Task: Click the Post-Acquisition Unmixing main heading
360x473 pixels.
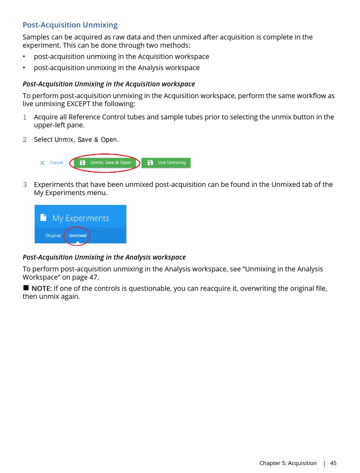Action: [x=70, y=25]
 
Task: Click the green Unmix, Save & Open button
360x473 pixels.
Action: [x=105, y=163]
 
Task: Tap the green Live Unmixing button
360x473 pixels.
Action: [x=166, y=163]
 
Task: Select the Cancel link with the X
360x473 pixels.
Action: [x=56, y=163]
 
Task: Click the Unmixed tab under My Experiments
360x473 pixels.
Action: [x=78, y=235]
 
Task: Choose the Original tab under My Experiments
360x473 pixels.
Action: [x=53, y=235]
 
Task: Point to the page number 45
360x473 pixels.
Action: [x=333, y=463]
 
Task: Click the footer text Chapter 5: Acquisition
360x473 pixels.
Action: [x=288, y=463]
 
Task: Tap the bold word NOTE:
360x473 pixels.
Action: [x=42, y=288]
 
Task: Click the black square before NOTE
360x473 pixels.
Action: [x=26, y=288]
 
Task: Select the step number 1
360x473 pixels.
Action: [x=25, y=117]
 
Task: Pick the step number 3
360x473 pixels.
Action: [x=25, y=185]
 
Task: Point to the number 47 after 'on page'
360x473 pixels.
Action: [x=94, y=277]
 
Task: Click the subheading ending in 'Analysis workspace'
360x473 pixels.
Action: [x=104, y=257]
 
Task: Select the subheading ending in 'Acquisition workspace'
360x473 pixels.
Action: [x=109, y=84]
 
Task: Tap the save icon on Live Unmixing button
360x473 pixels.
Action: [x=150, y=163]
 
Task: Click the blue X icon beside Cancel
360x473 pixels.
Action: [x=42, y=163]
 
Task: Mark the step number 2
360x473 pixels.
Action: [x=25, y=139]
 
